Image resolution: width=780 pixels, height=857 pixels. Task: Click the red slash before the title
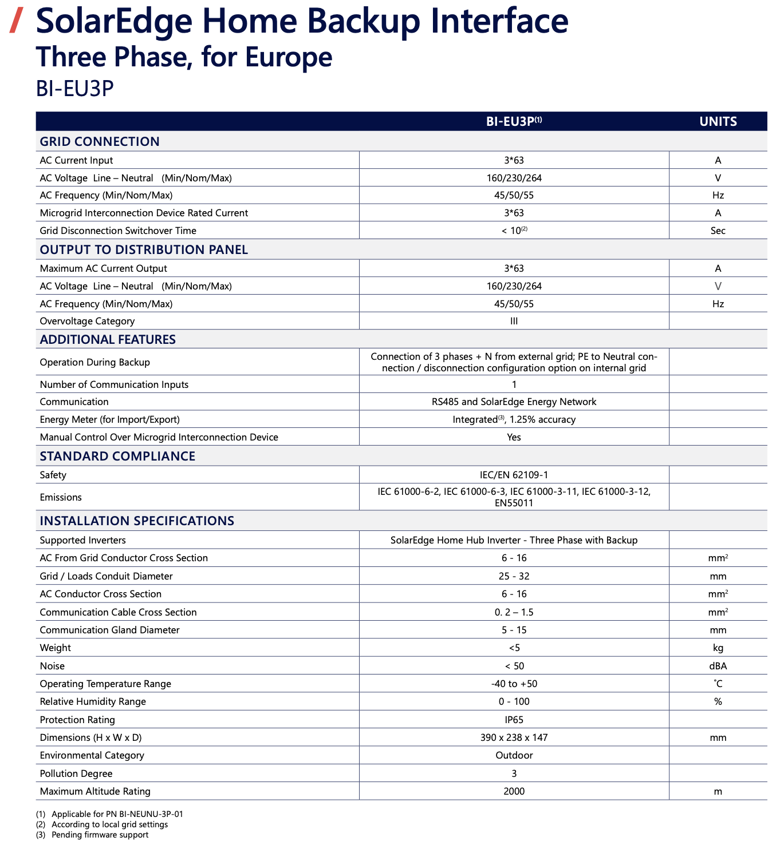pyautogui.click(x=18, y=21)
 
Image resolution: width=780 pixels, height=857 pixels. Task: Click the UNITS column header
pyautogui.click(x=718, y=121)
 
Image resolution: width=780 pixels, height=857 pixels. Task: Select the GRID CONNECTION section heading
pyautogui.click(x=100, y=141)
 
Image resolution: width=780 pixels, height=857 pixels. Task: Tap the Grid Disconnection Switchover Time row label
pyautogui.click(x=118, y=231)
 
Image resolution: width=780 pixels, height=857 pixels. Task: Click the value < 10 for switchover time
pyautogui.click(x=513, y=231)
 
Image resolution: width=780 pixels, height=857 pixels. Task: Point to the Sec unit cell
pyautogui.click(x=718, y=231)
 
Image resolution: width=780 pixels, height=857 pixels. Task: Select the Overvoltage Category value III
pyautogui.click(x=514, y=321)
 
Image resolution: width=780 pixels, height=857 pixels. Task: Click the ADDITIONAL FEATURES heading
pyautogui.click(x=108, y=339)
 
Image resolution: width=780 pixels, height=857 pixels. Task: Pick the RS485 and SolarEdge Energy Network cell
pyautogui.click(x=514, y=402)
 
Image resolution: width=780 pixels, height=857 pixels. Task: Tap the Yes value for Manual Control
pyautogui.click(x=514, y=437)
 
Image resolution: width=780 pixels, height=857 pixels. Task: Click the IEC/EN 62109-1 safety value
pyautogui.click(x=514, y=475)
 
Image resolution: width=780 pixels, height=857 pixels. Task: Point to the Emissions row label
pyautogui.click(x=61, y=497)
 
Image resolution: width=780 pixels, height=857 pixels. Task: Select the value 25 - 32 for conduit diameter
pyautogui.click(x=514, y=576)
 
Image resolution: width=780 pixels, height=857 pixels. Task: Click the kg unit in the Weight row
pyautogui.click(x=718, y=648)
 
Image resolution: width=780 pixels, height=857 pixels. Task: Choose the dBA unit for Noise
pyautogui.click(x=718, y=666)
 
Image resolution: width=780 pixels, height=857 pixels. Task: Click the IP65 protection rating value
pyautogui.click(x=514, y=720)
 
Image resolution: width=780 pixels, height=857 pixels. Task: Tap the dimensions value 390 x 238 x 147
pyautogui.click(x=514, y=737)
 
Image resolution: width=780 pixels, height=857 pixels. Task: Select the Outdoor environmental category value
pyautogui.click(x=514, y=755)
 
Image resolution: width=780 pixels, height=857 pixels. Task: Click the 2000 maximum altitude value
pyautogui.click(x=514, y=791)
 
